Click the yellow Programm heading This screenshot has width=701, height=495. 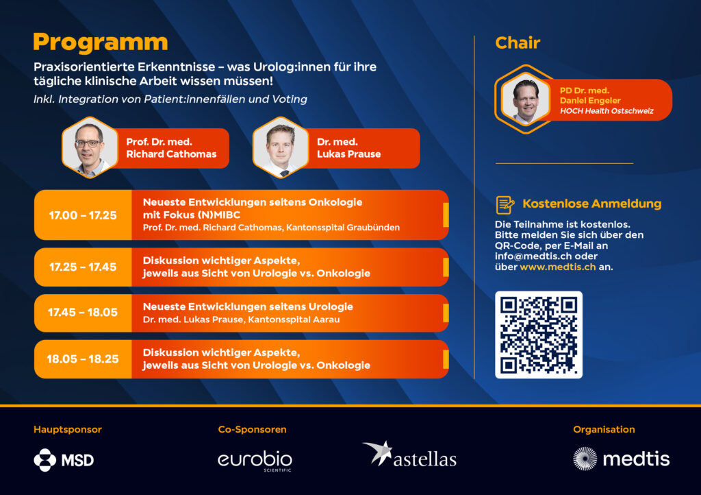coord(101,43)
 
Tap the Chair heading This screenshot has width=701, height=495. coord(518,43)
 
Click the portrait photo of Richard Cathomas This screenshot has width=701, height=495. coord(90,147)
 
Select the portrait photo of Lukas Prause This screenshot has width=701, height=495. coord(281,147)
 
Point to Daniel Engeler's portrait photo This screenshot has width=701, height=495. coord(526,99)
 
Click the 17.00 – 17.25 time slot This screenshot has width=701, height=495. coord(83,215)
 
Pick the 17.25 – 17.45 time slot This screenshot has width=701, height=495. coord(83,267)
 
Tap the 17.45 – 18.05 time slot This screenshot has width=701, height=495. coord(83,313)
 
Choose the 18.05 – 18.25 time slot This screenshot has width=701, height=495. coord(83,359)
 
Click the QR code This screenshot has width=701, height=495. coord(539,335)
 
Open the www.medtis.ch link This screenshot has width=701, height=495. coord(557,267)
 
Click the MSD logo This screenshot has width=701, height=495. coord(64,460)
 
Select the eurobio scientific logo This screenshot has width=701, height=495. coord(255,461)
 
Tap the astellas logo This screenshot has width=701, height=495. coord(409,455)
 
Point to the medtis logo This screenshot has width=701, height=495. coord(622,459)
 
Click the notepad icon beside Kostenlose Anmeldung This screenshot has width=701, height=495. coord(505,205)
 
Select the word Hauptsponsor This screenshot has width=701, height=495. coord(68,430)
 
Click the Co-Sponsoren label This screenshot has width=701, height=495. coord(252,430)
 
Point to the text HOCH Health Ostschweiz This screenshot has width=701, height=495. coord(607,111)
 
